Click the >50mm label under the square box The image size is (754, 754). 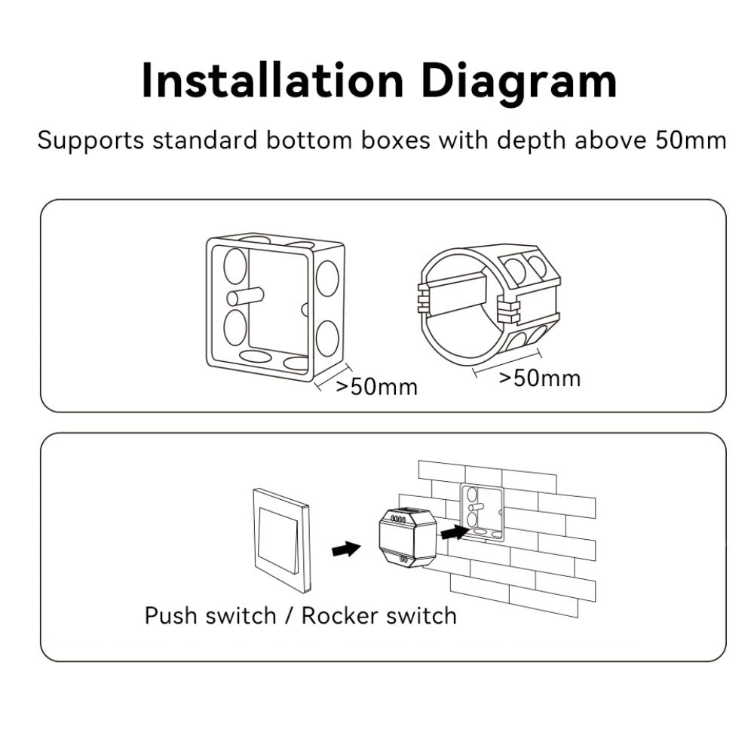tap(376, 387)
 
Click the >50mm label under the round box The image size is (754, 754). tap(540, 378)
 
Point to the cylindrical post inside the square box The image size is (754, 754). tap(245, 296)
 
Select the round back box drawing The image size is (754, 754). tap(489, 306)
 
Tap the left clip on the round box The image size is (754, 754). tap(423, 297)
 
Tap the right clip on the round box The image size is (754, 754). tap(507, 309)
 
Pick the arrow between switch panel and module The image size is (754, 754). tap(346, 548)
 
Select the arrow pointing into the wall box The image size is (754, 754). tap(455, 532)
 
